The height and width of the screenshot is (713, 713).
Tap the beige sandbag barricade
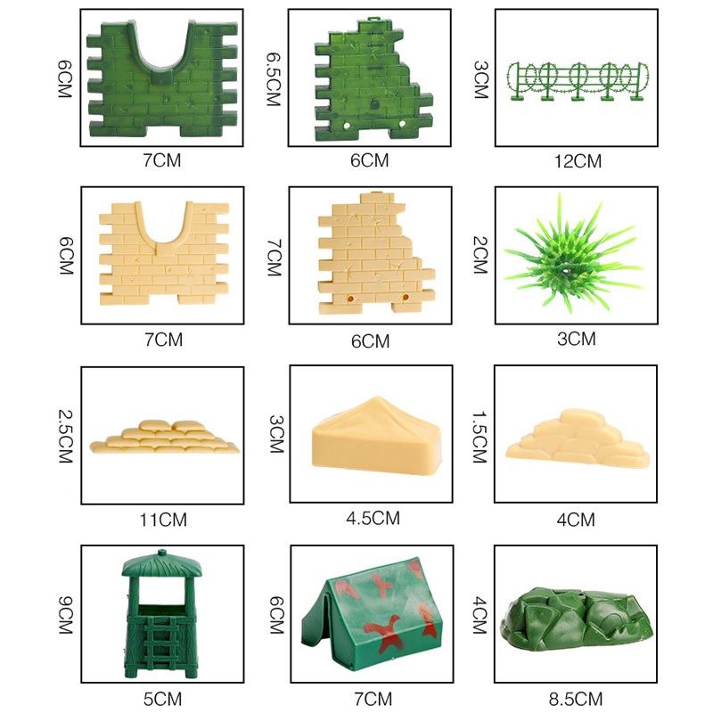tap(168, 437)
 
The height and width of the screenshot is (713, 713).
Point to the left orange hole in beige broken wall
tap(350, 295)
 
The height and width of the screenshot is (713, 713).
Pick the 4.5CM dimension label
tap(373, 518)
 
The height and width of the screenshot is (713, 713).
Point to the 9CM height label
tap(63, 615)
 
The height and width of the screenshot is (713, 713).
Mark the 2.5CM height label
tap(63, 432)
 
